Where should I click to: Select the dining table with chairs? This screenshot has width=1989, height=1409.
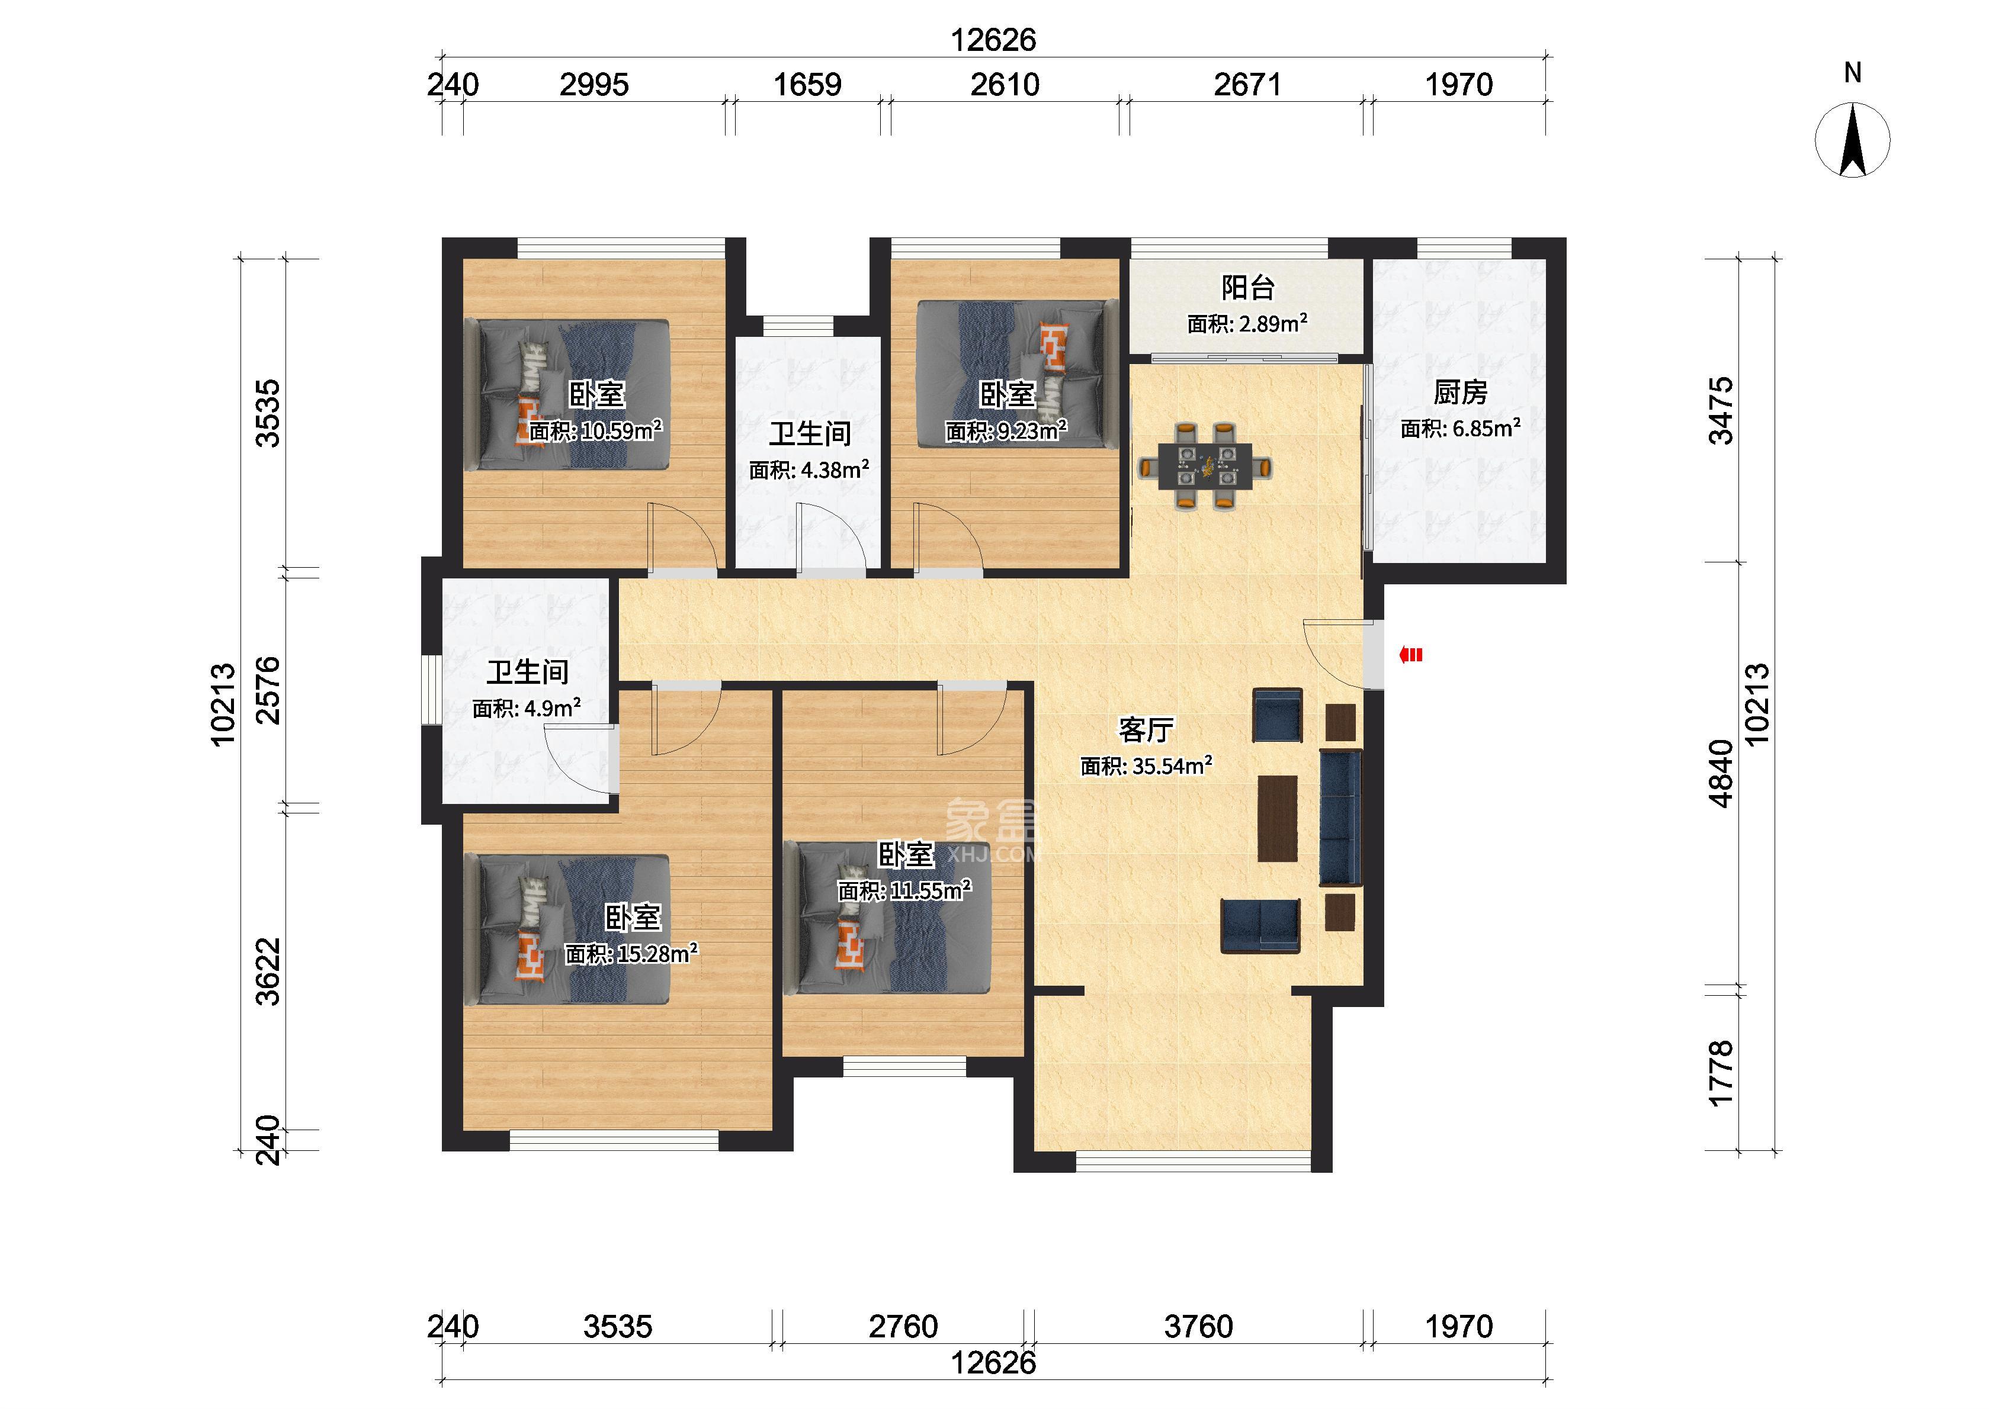coord(1205,465)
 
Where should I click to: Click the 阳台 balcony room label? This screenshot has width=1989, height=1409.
coord(1248,287)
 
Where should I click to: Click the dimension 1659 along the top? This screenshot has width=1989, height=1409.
coord(807,85)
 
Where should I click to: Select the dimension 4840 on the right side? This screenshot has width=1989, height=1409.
coord(1720,773)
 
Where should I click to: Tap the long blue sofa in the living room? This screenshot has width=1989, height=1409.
coord(1341,818)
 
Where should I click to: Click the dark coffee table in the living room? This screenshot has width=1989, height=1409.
coord(1278,818)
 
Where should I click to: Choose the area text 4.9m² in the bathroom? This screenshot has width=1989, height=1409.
coord(551,708)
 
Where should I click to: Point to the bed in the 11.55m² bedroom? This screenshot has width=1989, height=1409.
coord(894,919)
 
